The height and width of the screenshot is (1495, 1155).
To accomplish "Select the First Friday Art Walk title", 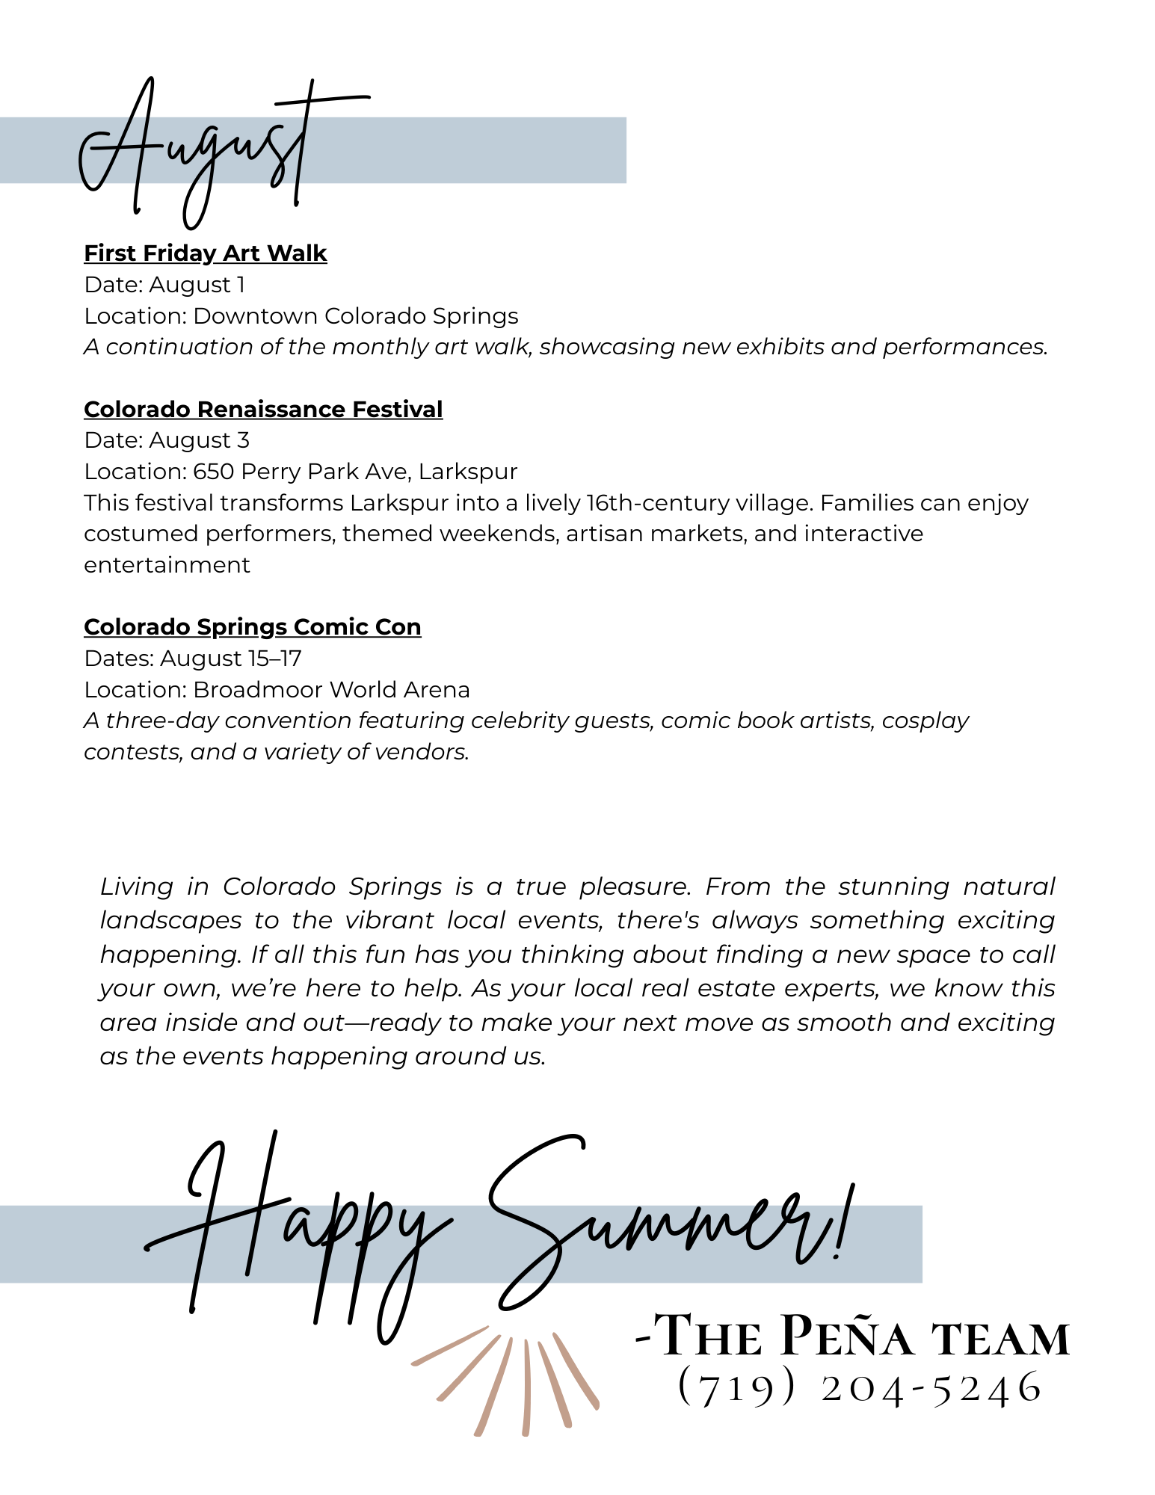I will click(x=205, y=253).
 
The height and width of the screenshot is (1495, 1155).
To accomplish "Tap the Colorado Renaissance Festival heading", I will click(x=263, y=410).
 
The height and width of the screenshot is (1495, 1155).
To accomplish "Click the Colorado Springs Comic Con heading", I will click(x=252, y=627).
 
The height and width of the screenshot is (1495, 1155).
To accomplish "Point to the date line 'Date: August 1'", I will click(x=164, y=285).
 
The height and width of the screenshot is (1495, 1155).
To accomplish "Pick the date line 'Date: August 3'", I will click(x=167, y=440).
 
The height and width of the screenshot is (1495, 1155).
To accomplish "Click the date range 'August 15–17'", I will click(x=230, y=659).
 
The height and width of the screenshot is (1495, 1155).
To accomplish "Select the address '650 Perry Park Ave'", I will click(x=301, y=472).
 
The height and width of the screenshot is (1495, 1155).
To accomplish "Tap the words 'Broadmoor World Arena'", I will click(x=331, y=690).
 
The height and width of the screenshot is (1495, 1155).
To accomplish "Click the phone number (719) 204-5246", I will click(x=860, y=1387).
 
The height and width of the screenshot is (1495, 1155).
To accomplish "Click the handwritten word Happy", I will click(x=299, y=1233).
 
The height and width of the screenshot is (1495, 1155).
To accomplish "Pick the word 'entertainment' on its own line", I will click(x=167, y=565).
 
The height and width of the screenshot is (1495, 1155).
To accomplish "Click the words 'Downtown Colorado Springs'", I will click(x=355, y=316).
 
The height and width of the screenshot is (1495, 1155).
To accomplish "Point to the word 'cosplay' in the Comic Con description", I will click(x=925, y=721).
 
